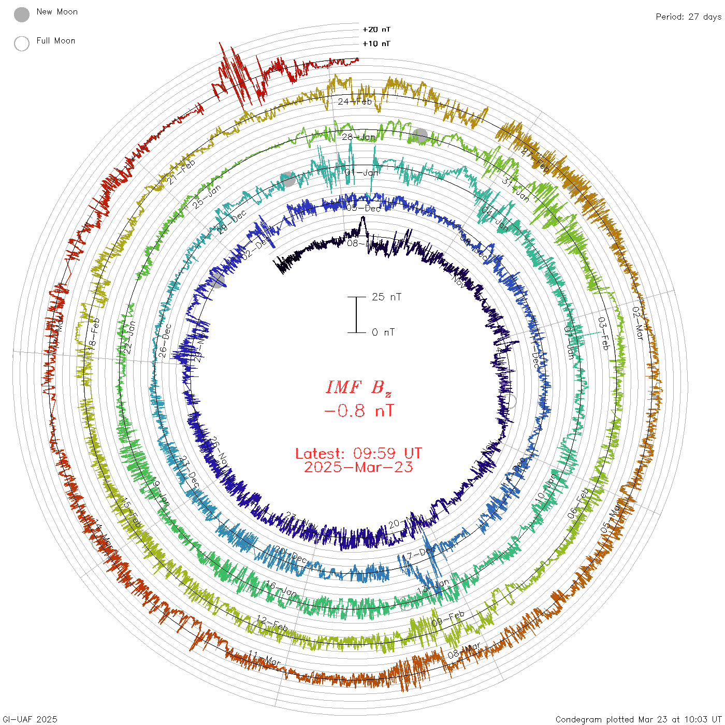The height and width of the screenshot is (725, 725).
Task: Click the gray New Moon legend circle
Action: click(22, 15)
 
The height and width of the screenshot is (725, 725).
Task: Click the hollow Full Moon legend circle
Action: click(22, 44)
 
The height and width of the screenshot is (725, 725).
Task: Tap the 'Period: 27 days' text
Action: click(688, 17)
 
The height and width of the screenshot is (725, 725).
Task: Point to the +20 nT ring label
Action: click(376, 30)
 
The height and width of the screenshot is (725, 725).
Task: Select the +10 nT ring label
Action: click(376, 44)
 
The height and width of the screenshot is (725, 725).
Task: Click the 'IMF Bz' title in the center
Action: click(358, 387)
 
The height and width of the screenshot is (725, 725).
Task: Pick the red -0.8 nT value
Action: click(358, 411)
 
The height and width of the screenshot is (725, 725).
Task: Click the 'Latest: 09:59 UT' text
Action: click(358, 454)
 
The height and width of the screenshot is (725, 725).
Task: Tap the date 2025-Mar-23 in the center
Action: click(358, 467)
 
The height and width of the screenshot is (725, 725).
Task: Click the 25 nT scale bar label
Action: click(386, 297)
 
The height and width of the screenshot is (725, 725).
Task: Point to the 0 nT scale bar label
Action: click(383, 332)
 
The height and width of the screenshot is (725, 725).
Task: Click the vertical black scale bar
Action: click(356, 314)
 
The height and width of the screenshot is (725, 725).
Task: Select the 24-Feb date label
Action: click(355, 102)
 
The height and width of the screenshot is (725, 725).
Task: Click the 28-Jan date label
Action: click(359, 137)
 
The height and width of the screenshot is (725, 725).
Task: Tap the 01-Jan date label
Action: click(362, 172)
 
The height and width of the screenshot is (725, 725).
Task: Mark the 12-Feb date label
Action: click(272, 624)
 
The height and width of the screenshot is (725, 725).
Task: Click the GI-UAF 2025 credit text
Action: click(30, 719)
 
